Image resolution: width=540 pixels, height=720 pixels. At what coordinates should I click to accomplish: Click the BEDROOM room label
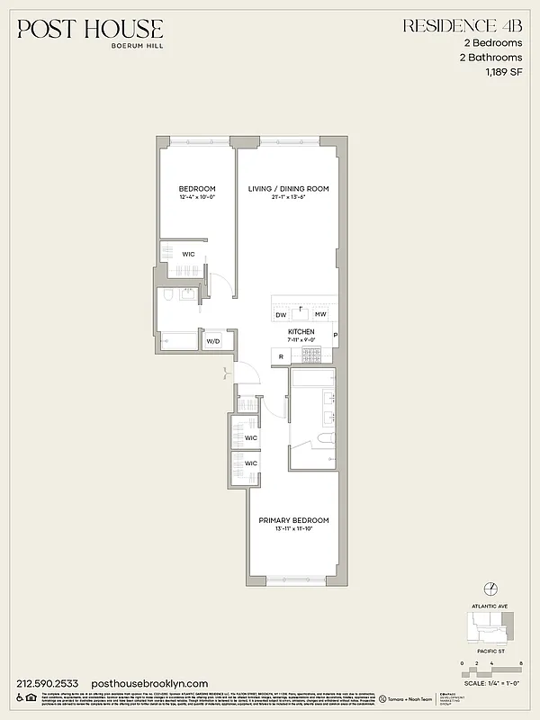pos(197,189)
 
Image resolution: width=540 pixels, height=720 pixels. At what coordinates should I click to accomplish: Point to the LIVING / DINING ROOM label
pos(288,189)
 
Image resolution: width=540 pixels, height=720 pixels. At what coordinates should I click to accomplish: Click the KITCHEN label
pos(301,332)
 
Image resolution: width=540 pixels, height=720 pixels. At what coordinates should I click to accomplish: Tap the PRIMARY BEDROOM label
pos(293,520)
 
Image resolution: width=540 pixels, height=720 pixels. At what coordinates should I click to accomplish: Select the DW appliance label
pos(281,314)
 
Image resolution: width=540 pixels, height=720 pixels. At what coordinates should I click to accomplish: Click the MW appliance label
pos(320,314)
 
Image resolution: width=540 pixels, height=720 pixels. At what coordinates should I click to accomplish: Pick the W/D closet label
pos(212,341)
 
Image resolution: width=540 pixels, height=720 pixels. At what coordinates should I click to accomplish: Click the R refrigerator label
pos(281,357)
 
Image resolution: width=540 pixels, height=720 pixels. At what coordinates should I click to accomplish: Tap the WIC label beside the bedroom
pos(189,254)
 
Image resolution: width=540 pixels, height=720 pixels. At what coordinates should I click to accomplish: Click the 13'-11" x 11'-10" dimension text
pos(293,530)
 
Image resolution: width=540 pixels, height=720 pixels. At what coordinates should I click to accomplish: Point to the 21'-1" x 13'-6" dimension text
pos(288,198)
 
